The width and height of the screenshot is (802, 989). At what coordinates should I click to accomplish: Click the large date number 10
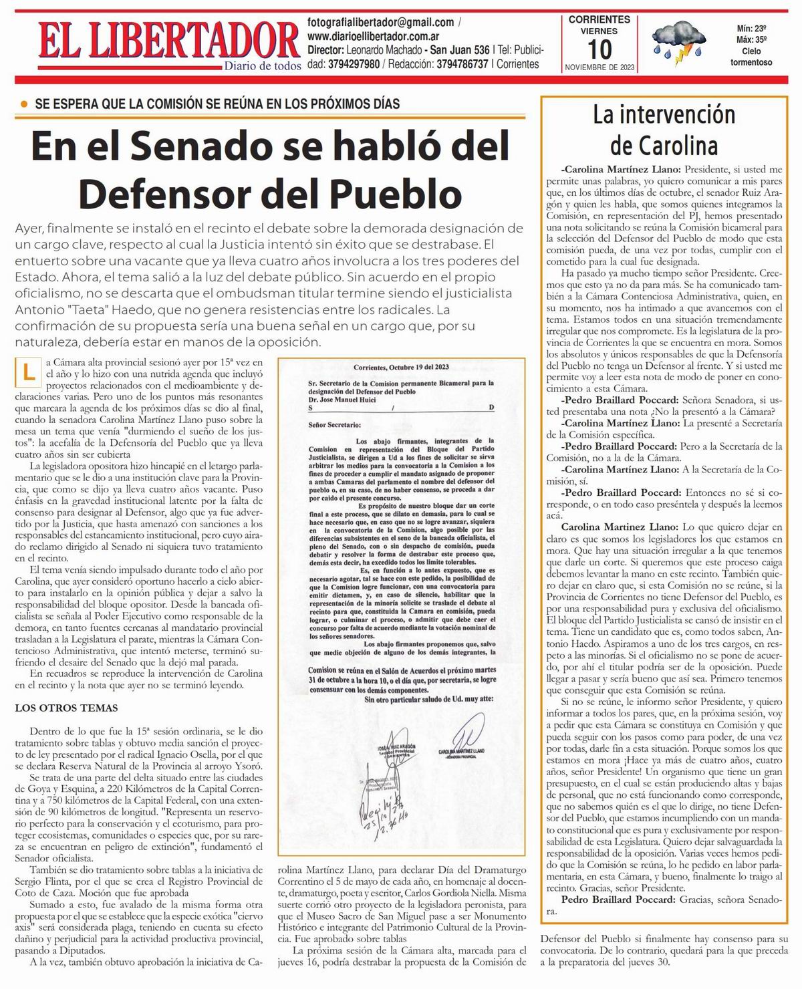click(599, 49)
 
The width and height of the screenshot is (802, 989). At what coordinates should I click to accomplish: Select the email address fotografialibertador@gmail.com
click(380, 22)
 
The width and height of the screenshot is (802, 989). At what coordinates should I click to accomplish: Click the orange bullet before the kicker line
click(25, 104)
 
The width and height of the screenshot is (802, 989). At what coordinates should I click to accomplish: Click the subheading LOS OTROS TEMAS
click(66, 708)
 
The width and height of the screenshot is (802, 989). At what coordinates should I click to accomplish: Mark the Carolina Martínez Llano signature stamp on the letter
click(462, 752)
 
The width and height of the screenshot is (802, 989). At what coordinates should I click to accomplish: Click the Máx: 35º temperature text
click(751, 39)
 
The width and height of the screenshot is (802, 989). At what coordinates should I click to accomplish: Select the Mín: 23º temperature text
click(751, 29)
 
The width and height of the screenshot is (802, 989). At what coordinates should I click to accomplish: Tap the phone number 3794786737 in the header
click(462, 65)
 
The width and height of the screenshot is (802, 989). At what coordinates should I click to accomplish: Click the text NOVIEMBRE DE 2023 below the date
click(599, 67)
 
